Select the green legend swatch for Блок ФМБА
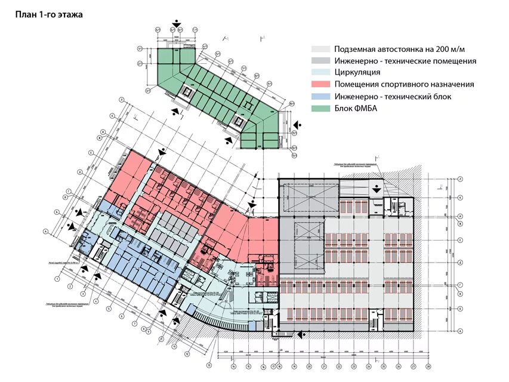pyautogui.click(x=321, y=108)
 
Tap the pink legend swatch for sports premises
pyautogui.click(x=321, y=84)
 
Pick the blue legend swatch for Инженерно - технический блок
pyautogui.click(x=321, y=96)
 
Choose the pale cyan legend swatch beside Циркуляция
pyautogui.click(x=321, y=72)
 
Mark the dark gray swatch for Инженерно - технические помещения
pyautogui.click(x=321, y=61)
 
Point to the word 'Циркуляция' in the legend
pyautogui.click(x=357, y=72)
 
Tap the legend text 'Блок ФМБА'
pyautogui.click(x=356, y=108)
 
